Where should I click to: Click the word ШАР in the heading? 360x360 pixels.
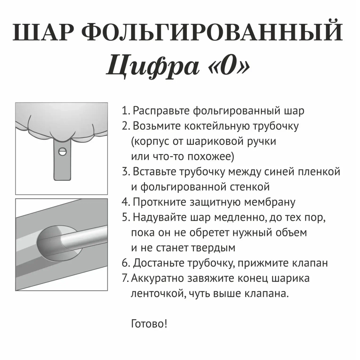(x=45, y=33)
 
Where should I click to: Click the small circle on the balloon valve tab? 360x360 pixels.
(x=63, y=152)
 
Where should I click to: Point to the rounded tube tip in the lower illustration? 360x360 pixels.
(x=65, y=239)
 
